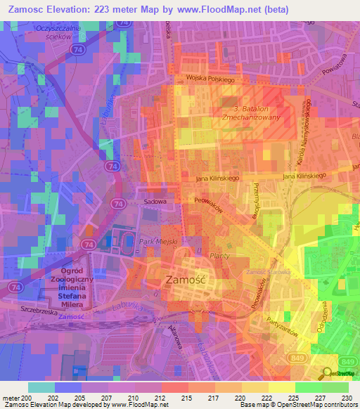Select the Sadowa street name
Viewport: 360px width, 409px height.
155,201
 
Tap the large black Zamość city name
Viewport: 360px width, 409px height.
185,279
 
